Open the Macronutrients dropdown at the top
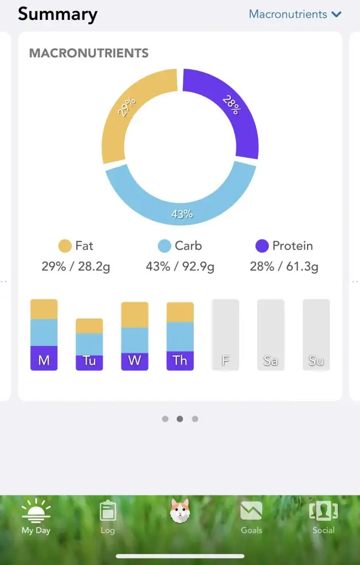click(x=295, y=14)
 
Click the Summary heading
click(x=57, y=14)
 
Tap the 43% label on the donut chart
click(x=182, y=214)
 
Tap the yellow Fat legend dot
click(x=65, y=246)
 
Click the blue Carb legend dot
click(x=164, y=246)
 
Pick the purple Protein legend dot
click(x=262, y=246)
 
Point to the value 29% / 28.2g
click(x=76, y=266)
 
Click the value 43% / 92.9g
click(x=180, y=266)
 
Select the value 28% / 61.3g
click(x=284, y=266)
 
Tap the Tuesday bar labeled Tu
click(x=89, y=345)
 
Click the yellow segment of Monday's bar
click(x=44, y=309)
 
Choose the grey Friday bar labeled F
click(x=225, y=335)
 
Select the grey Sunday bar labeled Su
click(x=316, y=335)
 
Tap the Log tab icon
click(x=108, y=512)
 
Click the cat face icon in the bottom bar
click(x=180, y=511)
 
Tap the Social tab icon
click(x=323, y=512)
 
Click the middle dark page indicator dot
click(x=180, y=419)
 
